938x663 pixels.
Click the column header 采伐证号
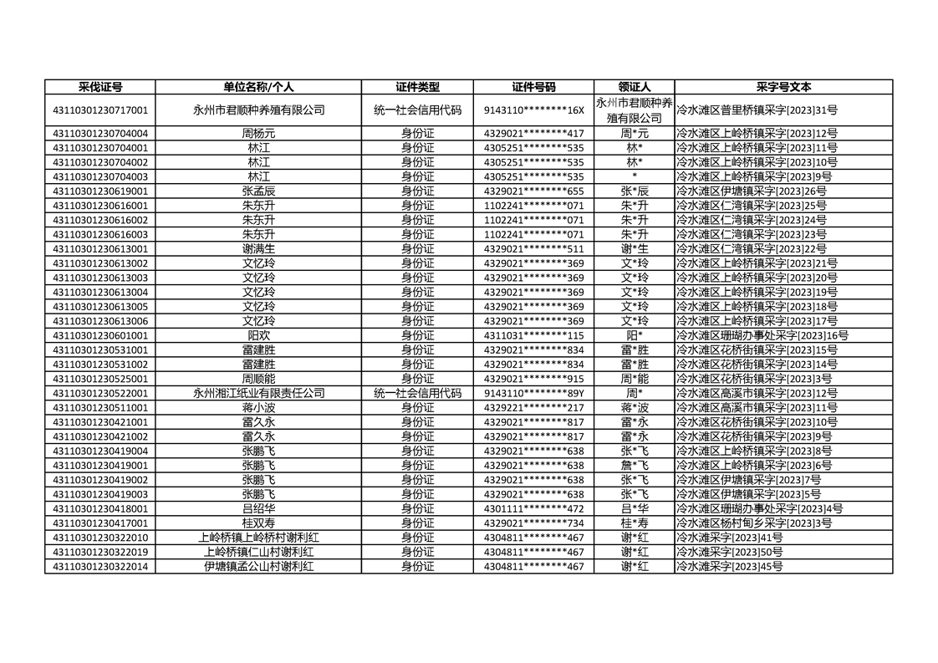pos(100,87)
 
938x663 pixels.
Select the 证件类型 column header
pos(417,87)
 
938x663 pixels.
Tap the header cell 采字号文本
pos(783,87)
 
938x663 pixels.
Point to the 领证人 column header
pos(635,87)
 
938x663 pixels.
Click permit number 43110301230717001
pos(100,110)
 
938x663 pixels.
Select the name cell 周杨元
pos(258,133)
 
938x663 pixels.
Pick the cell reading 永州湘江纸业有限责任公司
pos(258,393)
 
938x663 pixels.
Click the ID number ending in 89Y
pos(533,393)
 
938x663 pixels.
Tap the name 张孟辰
pos(258,191)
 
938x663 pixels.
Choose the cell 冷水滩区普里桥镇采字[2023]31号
pos(757,110)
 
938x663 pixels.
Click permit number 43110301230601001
pos(100,335)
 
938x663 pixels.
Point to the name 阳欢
pos(258,335)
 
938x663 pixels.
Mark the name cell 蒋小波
pos(258,407)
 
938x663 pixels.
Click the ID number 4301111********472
pos(533,508)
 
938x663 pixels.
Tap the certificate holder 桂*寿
pos(635,523)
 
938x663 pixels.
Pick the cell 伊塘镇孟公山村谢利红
pos(258,567)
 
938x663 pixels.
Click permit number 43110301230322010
pos(100,538)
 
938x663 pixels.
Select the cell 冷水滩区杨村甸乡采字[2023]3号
pos(753,523)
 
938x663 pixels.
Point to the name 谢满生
pos(258,248)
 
